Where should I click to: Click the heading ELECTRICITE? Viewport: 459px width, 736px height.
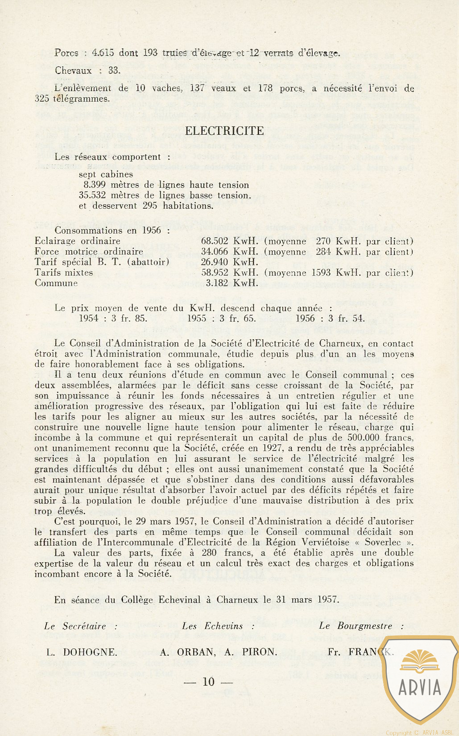(224, 131)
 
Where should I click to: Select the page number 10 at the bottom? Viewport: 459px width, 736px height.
(208, 682)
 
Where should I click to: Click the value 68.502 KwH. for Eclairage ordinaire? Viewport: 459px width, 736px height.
(229, 241)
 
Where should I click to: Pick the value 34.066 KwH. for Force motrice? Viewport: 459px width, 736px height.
(229, 252)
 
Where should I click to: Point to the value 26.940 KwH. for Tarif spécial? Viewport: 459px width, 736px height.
(229, 262)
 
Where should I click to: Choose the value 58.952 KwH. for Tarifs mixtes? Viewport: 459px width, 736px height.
(229, 272)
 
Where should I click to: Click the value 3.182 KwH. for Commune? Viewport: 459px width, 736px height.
(232, 283)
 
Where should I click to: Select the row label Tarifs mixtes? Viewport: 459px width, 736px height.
(64, 272)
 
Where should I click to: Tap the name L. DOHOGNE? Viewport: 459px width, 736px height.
(82, 652)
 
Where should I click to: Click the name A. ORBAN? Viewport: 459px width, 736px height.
(187, 652)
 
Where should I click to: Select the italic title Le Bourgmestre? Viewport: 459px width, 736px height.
(356, 626)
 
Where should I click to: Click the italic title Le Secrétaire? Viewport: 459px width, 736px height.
(75, 626)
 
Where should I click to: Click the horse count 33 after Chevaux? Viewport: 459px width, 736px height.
(113, 70)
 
